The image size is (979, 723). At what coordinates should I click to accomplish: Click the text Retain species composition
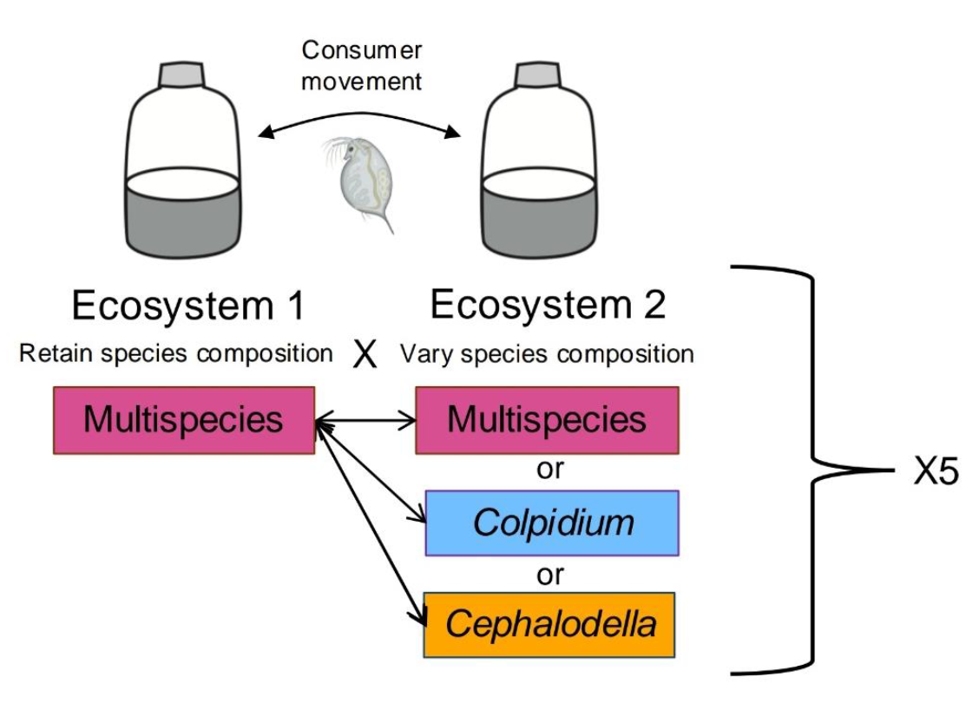(177, 354)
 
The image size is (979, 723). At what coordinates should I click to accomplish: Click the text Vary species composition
(547, 354)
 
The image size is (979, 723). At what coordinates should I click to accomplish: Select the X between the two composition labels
(366, 356)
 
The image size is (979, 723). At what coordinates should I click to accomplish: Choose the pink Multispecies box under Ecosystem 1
(183, 421)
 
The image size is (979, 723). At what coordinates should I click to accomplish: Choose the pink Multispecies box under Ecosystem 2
(547, 421)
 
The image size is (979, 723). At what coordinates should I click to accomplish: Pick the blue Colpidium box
(551, 523)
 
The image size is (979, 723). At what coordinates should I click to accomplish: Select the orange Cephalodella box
(549, 624)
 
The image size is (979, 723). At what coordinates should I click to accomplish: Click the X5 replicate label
(936, 473)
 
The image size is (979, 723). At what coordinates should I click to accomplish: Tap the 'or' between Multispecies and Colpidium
(550, 470)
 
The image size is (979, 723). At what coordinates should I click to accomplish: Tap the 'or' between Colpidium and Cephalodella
(550, 574)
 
